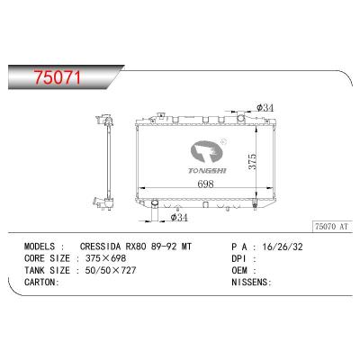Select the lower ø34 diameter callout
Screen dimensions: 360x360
(x=179, y=217)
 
